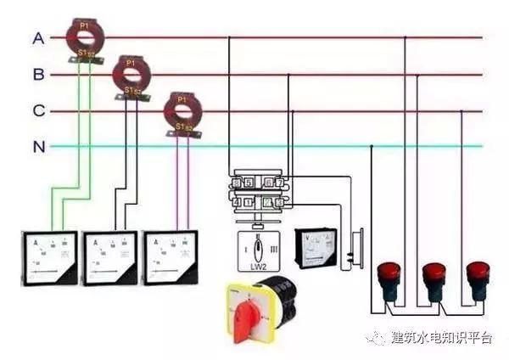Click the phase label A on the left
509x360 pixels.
38,38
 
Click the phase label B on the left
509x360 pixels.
38,75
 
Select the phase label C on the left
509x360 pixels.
38,111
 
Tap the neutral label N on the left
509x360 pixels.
38,147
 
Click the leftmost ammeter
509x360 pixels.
48,257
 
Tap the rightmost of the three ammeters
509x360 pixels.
172,257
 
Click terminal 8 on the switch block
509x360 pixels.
237,183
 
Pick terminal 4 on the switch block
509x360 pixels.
237,202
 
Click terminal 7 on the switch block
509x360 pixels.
279,183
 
